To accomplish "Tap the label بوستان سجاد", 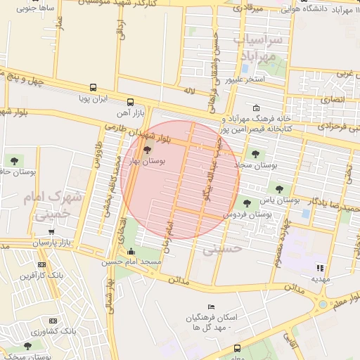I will pyautogui.click(x=259, y=166).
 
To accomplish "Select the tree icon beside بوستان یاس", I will pyautogui.click(x=281, y=188).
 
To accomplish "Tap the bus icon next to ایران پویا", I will pyautogui.click(x=91, y=89).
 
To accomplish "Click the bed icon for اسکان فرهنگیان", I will pyautogui.click(x=210, y=307).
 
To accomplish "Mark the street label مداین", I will pyautogui.click(x=179, y=279).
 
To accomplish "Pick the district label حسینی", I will pyautogui.click(x=222, y=248).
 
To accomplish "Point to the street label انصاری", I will pyautogui.click(x=333, y=101).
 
